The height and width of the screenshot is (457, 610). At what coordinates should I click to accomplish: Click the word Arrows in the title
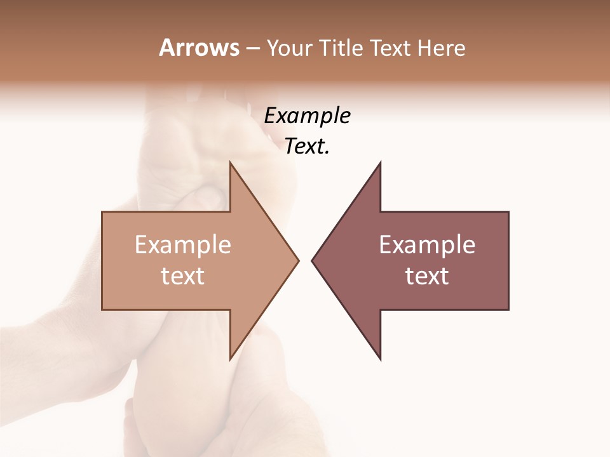[199, 48]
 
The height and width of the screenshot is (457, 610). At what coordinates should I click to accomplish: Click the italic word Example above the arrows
[308, 116]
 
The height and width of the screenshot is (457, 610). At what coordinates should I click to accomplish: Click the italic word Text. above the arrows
[308, 147]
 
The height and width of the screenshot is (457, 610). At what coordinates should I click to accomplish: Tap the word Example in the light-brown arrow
[183, 245]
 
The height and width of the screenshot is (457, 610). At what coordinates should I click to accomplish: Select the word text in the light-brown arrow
[183, 276]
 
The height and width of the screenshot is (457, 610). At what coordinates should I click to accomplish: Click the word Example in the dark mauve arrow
[427, 245]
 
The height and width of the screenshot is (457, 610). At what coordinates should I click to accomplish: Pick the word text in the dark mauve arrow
[427, 276]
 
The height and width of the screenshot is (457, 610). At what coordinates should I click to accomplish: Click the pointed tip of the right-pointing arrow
[298, 260]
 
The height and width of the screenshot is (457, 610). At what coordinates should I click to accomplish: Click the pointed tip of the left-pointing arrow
[312, 260]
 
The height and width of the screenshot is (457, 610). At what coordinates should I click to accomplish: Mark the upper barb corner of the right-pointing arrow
[230, 162]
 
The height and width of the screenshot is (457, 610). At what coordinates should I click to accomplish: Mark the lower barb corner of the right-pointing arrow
[230, 359]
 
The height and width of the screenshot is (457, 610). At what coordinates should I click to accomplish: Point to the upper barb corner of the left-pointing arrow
[381, 162]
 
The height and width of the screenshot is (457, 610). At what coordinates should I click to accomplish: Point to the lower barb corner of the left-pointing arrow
[381, 359]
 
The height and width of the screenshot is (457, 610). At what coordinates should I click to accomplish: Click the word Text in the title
[390, 48]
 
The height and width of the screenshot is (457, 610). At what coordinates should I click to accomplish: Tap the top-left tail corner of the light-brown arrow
[103, 213]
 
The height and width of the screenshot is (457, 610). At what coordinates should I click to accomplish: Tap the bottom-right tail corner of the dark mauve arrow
[508, 309]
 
